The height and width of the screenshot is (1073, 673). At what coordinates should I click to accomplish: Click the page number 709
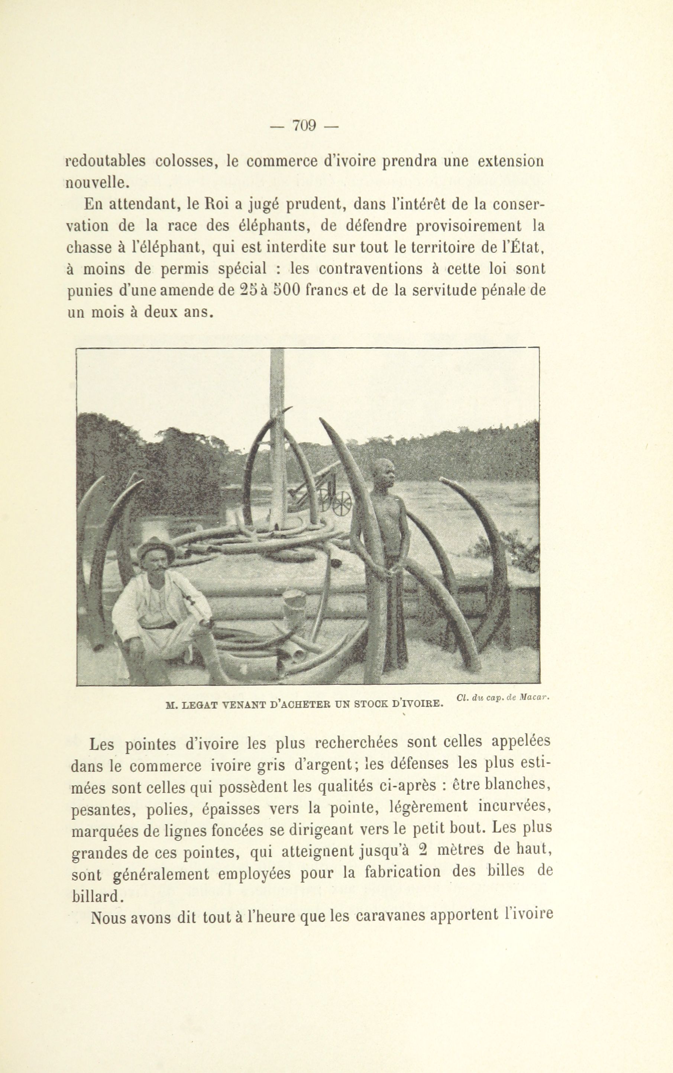click(304, 126)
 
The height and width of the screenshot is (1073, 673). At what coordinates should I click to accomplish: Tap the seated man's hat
click(155, 547)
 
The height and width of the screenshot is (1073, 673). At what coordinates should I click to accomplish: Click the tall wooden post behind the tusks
click(278, 427)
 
